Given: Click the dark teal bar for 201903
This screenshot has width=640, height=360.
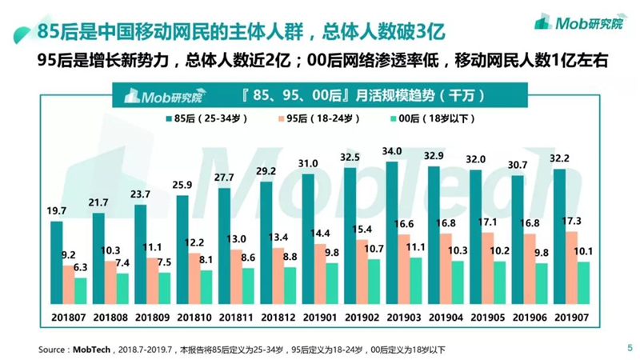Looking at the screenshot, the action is coord(392,233).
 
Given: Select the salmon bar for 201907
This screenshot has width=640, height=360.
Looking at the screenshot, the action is coord(571,268).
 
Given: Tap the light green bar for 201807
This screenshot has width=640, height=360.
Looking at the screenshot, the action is coord(81,291).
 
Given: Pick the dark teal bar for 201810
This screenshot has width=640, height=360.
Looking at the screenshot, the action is coord(182,250).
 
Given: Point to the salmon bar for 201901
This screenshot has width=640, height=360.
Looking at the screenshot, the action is coord(320,274).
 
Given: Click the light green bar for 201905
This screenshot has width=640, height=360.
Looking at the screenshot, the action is coord(499,283).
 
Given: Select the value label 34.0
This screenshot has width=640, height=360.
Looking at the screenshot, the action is coord(392,151).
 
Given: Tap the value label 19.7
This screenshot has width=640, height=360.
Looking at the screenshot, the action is coord(56,211).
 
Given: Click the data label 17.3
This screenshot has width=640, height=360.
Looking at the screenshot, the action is coord(571,222).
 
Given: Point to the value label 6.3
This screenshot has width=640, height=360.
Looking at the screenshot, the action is coord(81,267).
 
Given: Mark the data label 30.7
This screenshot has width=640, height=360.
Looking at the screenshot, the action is coord(518,166).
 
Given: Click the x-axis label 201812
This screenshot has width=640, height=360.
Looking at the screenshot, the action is coord(278,317).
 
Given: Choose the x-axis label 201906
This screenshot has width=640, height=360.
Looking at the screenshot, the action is coord(530,317).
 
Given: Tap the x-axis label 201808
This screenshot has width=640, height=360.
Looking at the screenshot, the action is coord(110,317).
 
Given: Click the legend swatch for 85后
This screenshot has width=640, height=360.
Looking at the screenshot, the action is coord(169,118).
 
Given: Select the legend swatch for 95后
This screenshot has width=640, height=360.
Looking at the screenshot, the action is coord(282,118).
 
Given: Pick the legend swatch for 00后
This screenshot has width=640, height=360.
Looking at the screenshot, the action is coord(394,118).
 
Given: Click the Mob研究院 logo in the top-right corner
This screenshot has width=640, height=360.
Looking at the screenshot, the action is coord(580,22).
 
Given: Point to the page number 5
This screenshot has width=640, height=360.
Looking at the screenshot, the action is coord(630,348).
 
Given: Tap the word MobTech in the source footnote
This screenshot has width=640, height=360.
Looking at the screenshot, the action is coord(91,350).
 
